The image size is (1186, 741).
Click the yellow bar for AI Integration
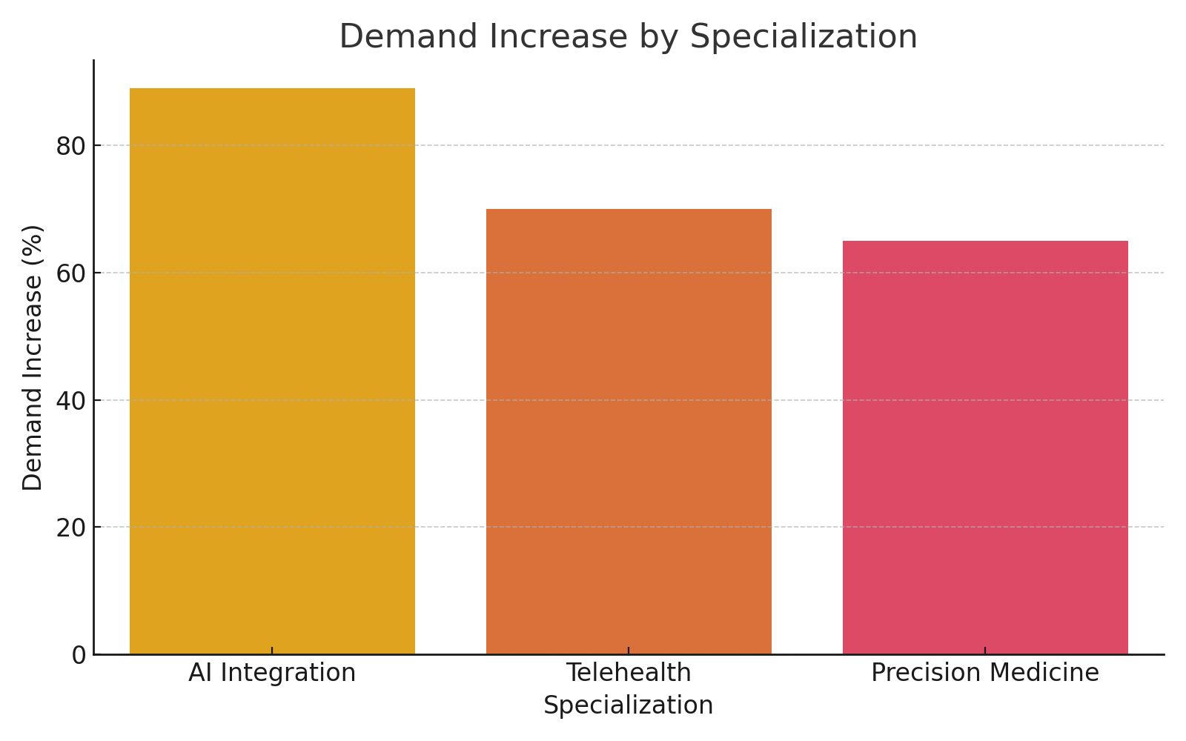[x=272, y=370]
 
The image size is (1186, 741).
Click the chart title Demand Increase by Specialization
[x=628, y=36]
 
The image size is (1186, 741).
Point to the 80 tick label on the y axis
[x=71, y=146]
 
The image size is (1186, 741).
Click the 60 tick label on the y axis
[x=71, y=273]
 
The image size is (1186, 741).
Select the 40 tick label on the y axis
[x=71, y=401]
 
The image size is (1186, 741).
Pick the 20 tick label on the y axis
[x=71, y=528]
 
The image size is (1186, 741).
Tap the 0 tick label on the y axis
[x=79, y=655]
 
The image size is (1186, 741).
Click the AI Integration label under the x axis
[x=272, y=673]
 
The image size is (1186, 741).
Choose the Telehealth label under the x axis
[x=629, y=673]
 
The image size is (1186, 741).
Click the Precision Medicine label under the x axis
[x=985, y=673]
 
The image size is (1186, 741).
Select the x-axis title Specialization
[x=628, y=705]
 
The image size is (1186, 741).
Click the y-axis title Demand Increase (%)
[x=33, y=357]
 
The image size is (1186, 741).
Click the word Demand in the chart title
[x=408, y=36]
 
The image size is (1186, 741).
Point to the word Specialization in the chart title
[x=804, y=36]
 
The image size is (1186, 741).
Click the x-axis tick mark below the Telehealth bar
[x=629, y=651]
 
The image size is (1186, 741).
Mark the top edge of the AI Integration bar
[x=272, y=89]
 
